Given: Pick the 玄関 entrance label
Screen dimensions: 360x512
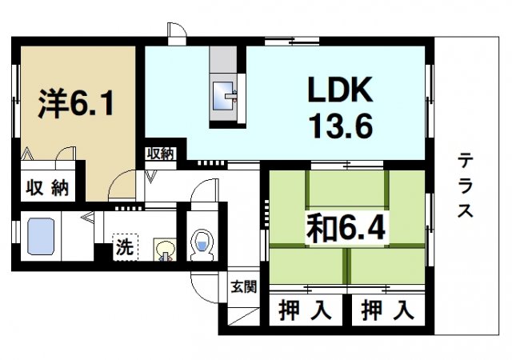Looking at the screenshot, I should [244, 286].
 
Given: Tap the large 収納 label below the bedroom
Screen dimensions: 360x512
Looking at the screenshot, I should [47, 189].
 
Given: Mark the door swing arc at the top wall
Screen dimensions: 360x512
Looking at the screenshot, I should [177, 32].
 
